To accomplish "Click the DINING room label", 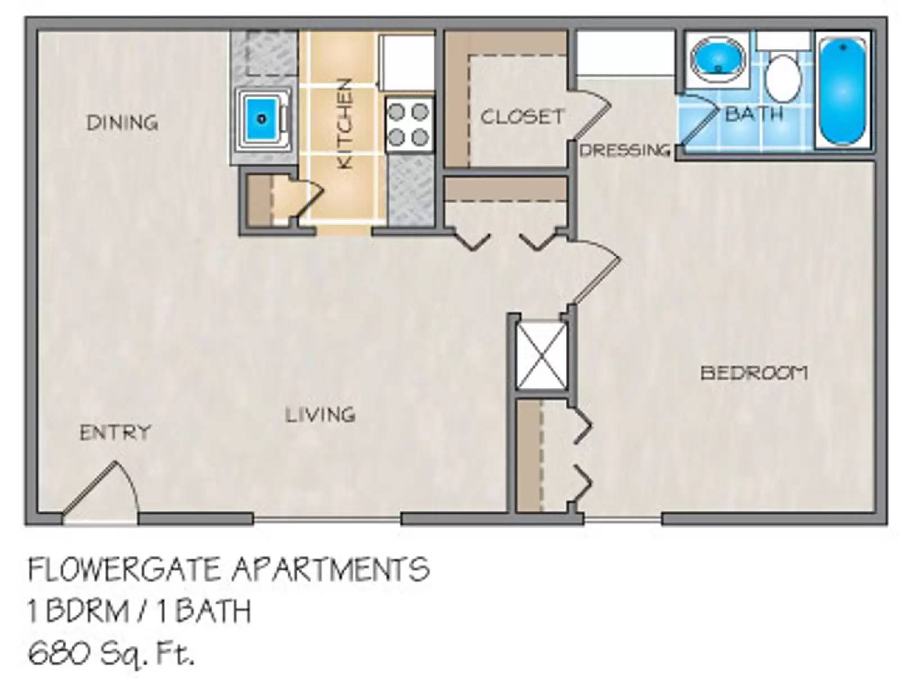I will pyautogui.click(x=122, y=122).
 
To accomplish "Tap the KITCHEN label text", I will pyautogui.click(x=344, y=124).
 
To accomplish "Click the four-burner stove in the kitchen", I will pyautogui.click(x=408, y=125).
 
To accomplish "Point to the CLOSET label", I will pyautogui.click(x=521, y=117).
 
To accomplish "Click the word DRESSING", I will pyautogui.click(x=625, y=150).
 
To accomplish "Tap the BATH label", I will pyautogui.click(x=753, y=114).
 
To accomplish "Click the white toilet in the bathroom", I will pyautogui.click(x=783, y=77).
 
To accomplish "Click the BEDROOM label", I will pyautogui.click(x=753, y=373).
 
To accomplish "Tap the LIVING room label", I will pyautogui.click(x=320, y=415).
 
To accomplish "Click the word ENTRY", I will pyautogui.click(x=115, y=432).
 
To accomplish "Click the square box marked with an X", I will pyautogui.click(x=541, y=355).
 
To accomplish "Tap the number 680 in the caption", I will pyautogui.click(x=54, y=653).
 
